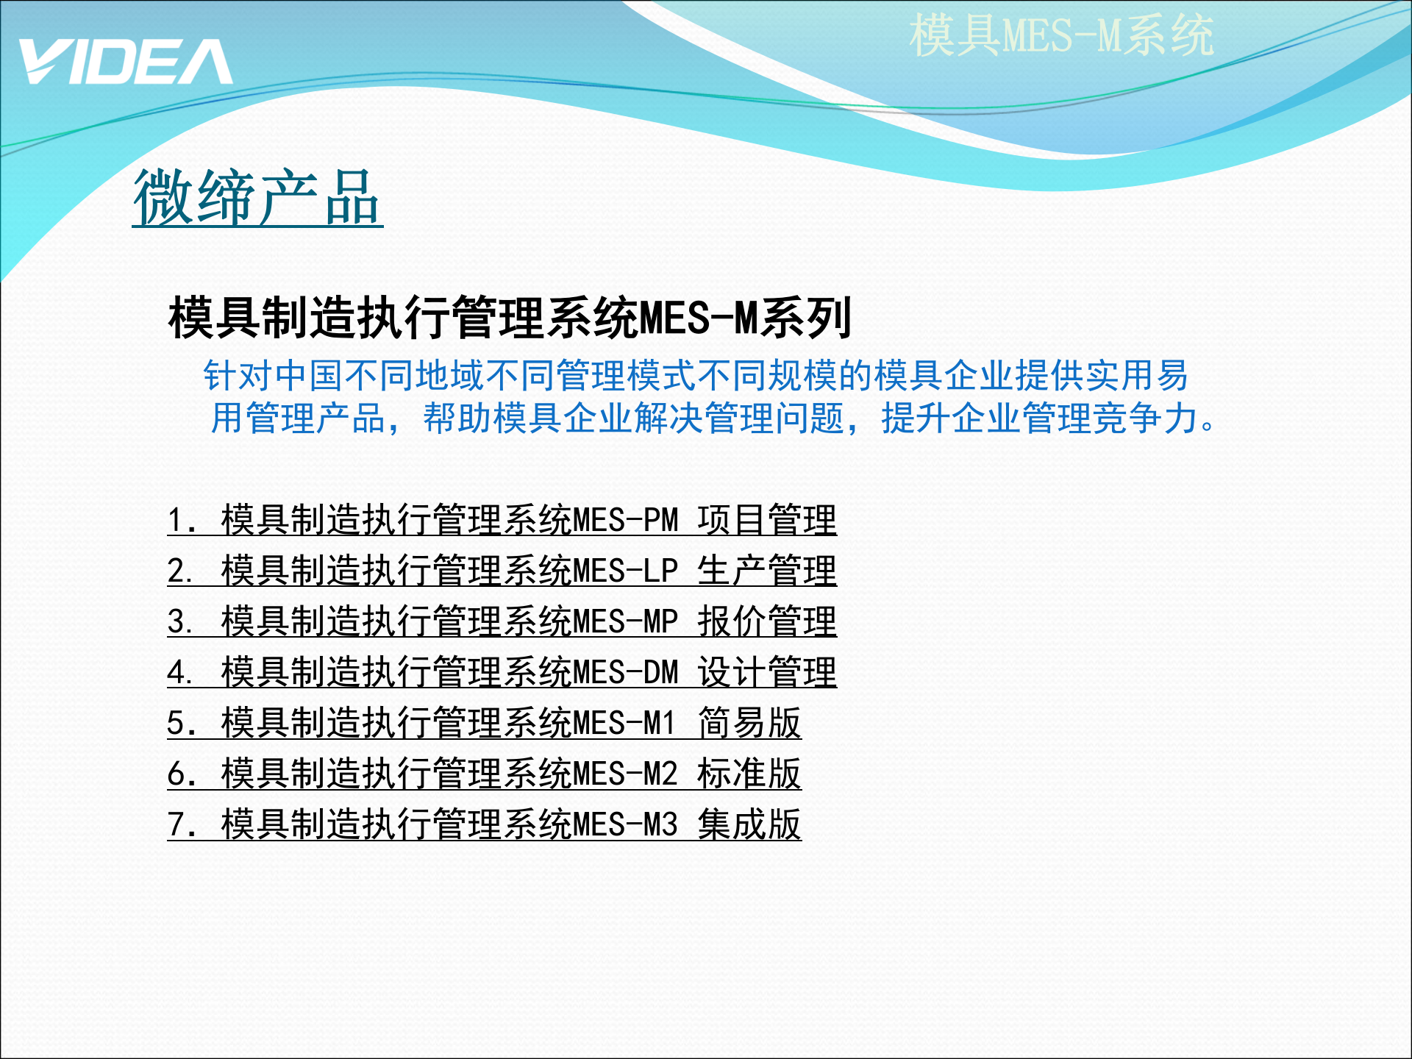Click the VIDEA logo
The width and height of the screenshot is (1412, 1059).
click(125, 62)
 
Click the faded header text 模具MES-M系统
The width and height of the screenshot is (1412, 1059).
click(1060, 35)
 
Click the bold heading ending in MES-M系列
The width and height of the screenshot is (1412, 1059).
click(510, 318)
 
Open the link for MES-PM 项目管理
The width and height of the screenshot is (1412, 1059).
click(502, 520)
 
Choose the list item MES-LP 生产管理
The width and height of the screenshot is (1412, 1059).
click(502, 571)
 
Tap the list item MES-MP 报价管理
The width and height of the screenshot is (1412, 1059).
click(502, 621)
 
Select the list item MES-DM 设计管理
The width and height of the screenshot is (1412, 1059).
click(502, 672)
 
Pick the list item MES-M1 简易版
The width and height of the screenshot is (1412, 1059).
click(484, 723)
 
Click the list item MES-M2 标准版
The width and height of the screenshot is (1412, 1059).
click(484, 774)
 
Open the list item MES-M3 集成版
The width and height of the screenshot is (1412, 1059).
click(484, 824)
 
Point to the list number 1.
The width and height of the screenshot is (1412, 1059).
click(176, 521)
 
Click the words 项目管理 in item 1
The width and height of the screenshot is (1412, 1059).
click(767, 520)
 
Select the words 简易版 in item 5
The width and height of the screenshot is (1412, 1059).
click(749, 723)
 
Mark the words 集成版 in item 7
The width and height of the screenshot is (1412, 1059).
click(749, 824)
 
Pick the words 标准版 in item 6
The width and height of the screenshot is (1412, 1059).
click(749, 774)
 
